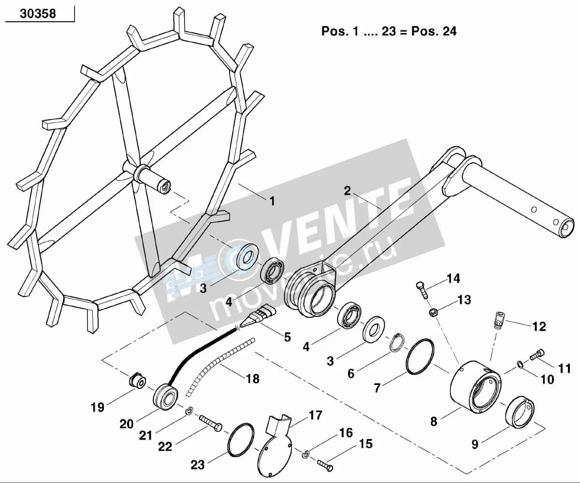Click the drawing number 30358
(x=38, y=14)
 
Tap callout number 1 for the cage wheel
(x=273, y=201)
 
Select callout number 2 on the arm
(x=347, y=191)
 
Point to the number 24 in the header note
(x=449, y=31)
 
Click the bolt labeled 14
(x=421, y=290)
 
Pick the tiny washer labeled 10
(x=519, y=364)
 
